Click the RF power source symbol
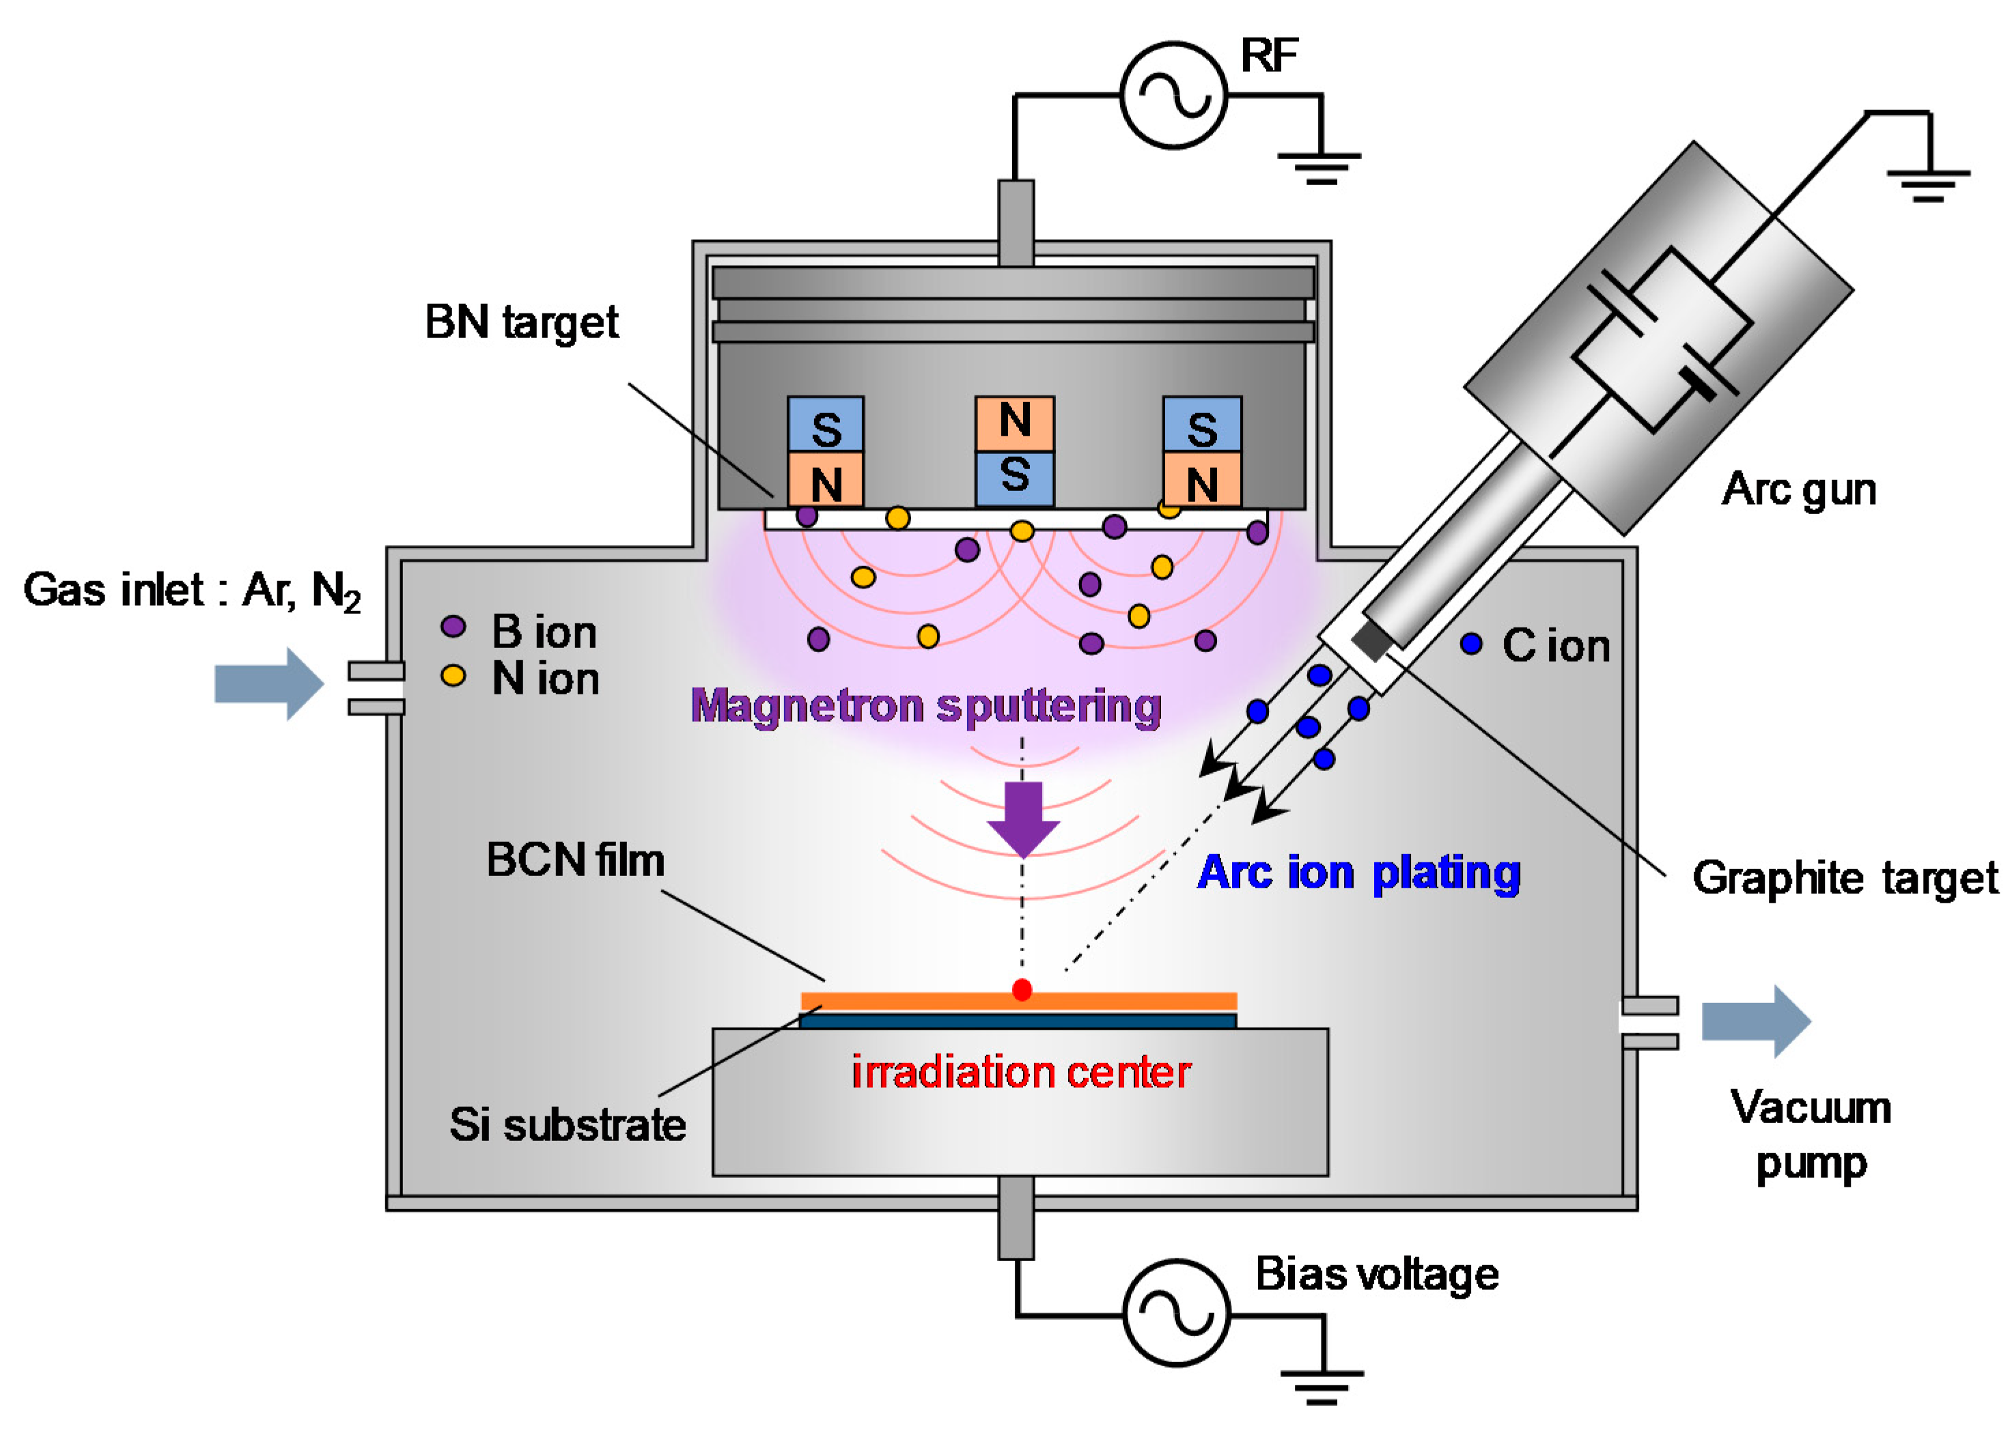[x=1173, y=95]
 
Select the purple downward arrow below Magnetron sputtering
[x=1024, y=819]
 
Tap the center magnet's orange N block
[x=1015, y=424]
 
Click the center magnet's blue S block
[x=1015, y=479]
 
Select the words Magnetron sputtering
[x=926, y=707]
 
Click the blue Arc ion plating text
[x=1359, y=873]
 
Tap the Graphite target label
[x=1845, y=878]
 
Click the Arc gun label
[x=1799, y=490]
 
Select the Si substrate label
[x=568, y=1125]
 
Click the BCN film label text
[x=575, y=860]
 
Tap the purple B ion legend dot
[x=453, y=626]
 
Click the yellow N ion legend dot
[x=453, y=676]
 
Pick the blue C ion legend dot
[x=1471, y=644]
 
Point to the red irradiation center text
[x=1021, y=1072]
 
